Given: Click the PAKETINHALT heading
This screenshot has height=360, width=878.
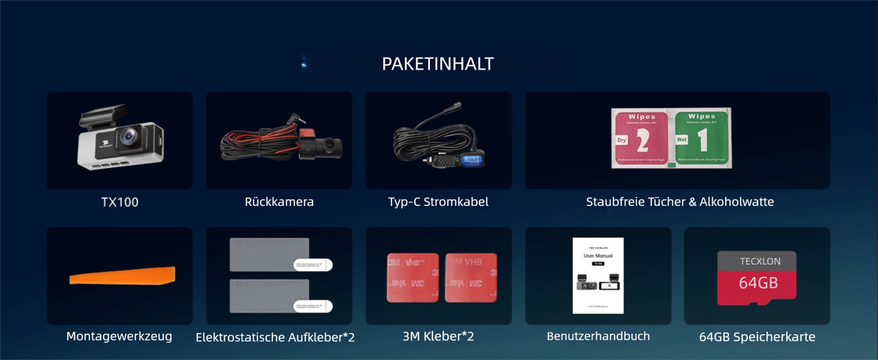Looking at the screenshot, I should click(x=438, y=64).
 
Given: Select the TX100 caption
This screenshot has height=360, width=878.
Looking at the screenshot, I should click(x=120, y=202).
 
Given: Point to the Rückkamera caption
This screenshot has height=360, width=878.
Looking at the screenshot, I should click(x=279, y=202).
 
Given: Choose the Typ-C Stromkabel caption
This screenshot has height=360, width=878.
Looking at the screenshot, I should click(x=438, y=202).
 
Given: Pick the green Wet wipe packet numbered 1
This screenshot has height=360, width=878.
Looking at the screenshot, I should click(x=702, y=139).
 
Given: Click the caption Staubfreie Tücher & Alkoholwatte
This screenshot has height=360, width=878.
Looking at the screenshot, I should click(x=680, y=202).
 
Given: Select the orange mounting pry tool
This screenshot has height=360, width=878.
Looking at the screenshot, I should click(x=122, y=276).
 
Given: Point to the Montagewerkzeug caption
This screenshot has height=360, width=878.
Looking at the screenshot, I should click(x=119, y=337).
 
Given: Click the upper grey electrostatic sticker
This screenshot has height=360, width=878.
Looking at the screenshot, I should click(x=269, y=255).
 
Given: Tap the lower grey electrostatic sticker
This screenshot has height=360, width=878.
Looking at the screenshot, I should click(x=269, y=295).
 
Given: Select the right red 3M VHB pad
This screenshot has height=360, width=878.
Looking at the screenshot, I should click(x=471, y=277).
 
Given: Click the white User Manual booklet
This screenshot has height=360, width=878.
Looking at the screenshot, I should click(x=598, y=275).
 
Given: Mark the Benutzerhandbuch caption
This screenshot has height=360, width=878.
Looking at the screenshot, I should click(x=598, y=337).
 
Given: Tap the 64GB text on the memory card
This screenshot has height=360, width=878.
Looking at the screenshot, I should click(x=758, y=283).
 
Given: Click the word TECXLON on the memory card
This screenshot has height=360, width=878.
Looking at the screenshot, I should click(x=760, y=262).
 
